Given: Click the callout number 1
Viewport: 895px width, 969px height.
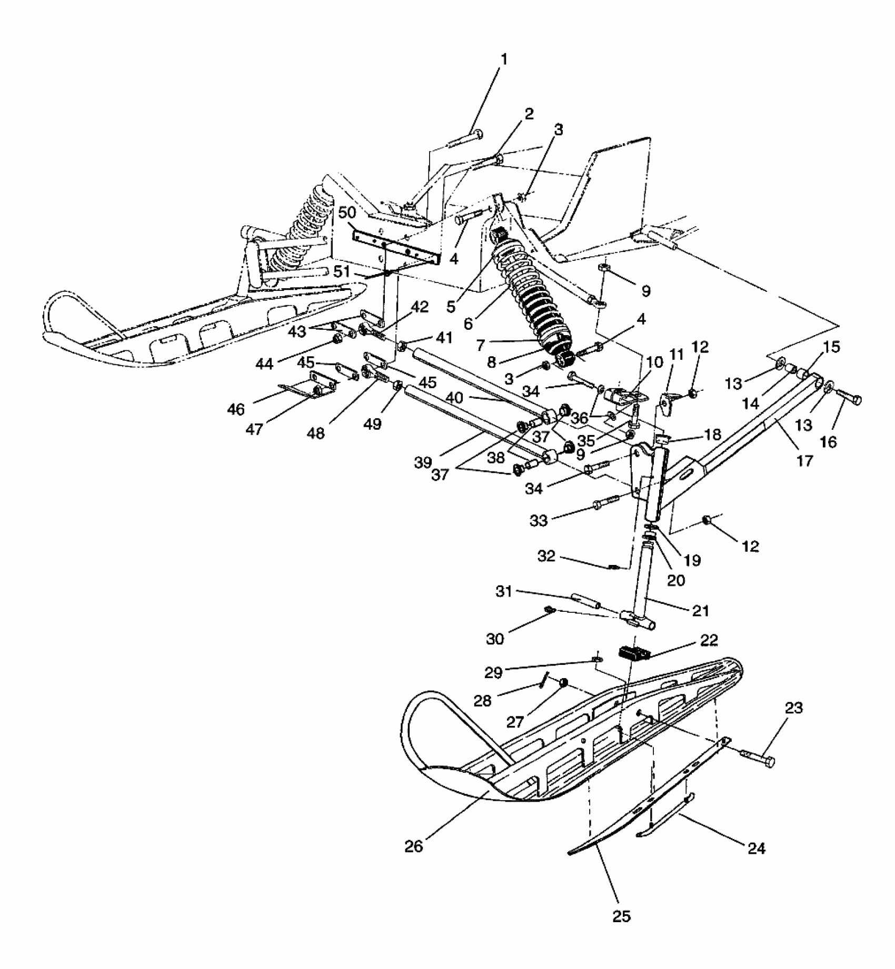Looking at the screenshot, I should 504,59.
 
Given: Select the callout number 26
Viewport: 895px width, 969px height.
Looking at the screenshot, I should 414,847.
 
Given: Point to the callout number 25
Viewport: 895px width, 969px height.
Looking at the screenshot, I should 621,916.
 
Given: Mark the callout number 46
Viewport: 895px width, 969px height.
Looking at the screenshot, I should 236,409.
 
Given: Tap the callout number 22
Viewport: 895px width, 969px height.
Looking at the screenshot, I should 709,640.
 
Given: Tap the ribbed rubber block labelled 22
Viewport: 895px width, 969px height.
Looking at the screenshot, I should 634,652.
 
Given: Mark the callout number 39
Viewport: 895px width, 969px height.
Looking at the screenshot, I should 423,462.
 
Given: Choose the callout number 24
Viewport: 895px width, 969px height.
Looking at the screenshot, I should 756,849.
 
